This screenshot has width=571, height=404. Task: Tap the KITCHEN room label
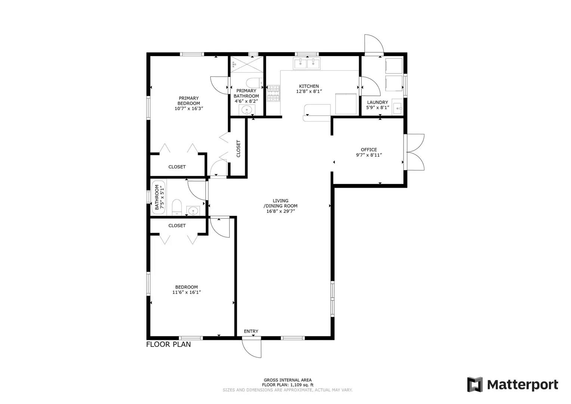pyautogui.click(x=309, y=86)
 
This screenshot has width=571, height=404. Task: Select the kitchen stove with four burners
pyautogui.click(x=273, y=94)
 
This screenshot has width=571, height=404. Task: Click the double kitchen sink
pyautogui.click(x=307, y=64)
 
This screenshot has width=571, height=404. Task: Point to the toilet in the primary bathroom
pyautogui.click(x=254, y=83)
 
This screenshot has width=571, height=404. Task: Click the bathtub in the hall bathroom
pyautogui.click(x=158, y=197)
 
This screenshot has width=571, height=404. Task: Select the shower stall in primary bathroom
pyautogui.click(x=247, y=64)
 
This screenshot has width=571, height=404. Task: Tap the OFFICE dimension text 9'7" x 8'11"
pyautogui.click(x=369, y=155)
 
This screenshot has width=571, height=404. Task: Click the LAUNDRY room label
pyautogui.click(x=377, y=102)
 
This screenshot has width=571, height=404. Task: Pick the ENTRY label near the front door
pyautogui.click(x=251, y=331)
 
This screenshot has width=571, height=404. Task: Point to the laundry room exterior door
pyautogui.click(x=374, y=45)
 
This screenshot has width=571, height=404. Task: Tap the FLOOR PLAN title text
pyautogui.click(x=169, y=345)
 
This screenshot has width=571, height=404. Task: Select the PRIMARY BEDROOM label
pyautogui.click(x=189, y=101)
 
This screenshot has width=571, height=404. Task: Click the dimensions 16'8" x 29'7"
pyautogui.click(x=280, y=211)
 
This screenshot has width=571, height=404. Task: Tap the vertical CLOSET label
pyautogui.click(x=238, y=149)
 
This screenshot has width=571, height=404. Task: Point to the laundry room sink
pyautogui.click(x=397, y=108)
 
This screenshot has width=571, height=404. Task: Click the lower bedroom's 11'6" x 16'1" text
pyautogui.click(x=186, y=293)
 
